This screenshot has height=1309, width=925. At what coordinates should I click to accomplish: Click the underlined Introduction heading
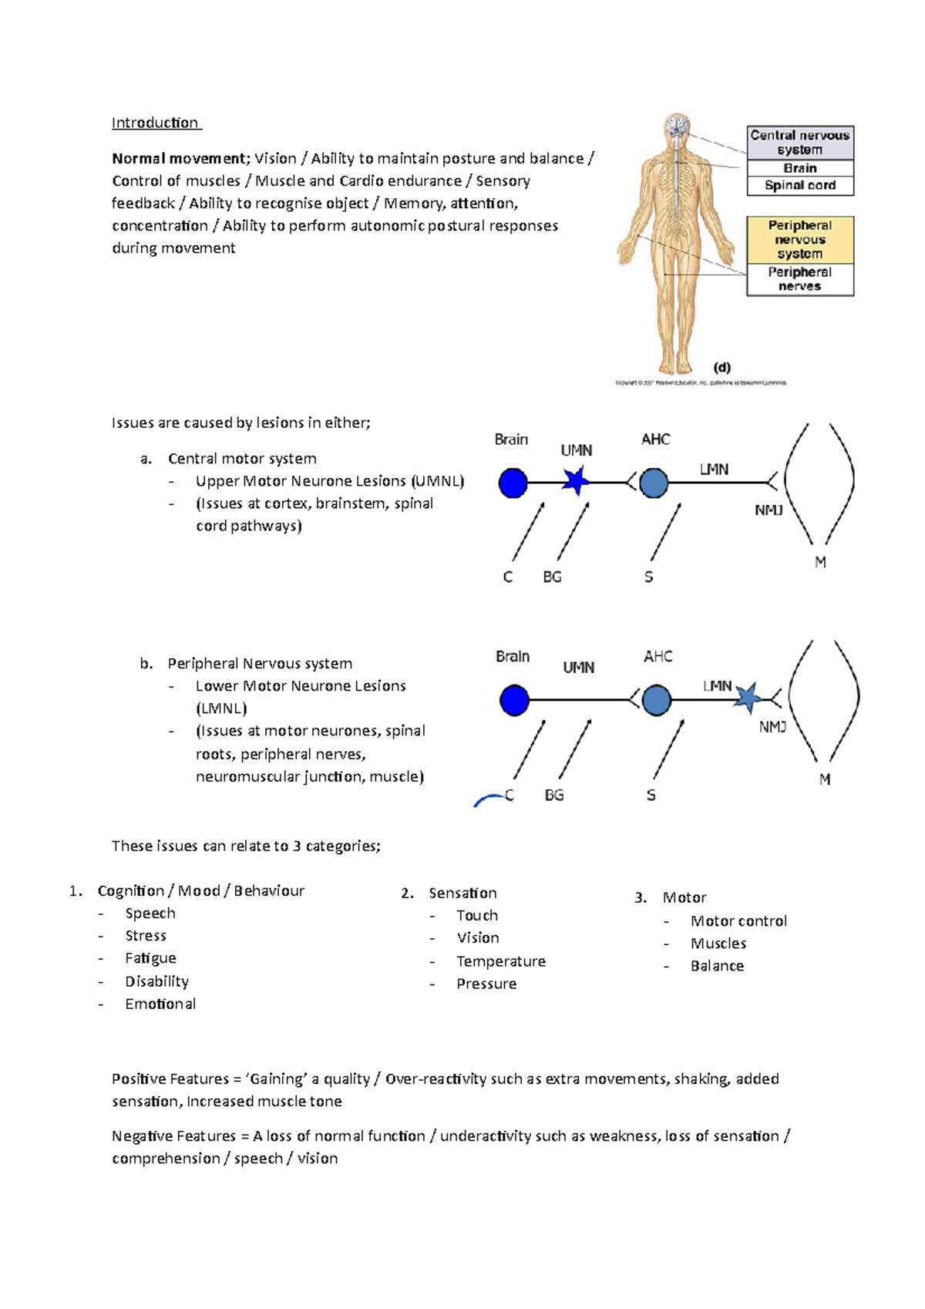click(x=155, y=123)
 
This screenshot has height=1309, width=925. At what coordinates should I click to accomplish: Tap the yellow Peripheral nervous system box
click(x=799, y=240)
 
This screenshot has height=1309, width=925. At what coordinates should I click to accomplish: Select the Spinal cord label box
click(x=799, y=185)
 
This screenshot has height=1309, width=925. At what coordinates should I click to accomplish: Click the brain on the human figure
click(x=678, y=126)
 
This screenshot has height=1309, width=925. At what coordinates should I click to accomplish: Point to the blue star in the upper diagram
click(x=575, y=482)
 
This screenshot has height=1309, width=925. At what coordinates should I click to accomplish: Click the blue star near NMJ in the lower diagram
click(x=746, y=698)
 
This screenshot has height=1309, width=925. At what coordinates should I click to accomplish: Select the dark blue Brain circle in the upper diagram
click(x=513, y=483)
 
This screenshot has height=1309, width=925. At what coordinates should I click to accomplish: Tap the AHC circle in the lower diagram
click(x=656, y=700)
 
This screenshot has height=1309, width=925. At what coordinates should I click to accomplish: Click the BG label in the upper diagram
click(x=552, y=577)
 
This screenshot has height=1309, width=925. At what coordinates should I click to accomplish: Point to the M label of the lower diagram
click(x=824, y=779)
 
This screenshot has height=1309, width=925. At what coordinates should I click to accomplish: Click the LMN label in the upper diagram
click(x=714, y=469)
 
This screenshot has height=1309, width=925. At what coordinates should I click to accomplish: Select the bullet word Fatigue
click(x=150, y=958)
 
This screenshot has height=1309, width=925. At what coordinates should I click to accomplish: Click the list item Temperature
click(x=500, y=961)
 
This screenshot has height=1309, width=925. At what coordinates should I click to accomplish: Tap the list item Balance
click(x=717, y=966)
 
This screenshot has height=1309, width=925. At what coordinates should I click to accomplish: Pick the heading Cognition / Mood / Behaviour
click(x=200, y=891)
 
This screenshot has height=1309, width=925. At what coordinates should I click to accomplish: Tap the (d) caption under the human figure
click(x=721, y=368)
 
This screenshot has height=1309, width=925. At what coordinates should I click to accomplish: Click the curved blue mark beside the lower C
click(x=487, y=801)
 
